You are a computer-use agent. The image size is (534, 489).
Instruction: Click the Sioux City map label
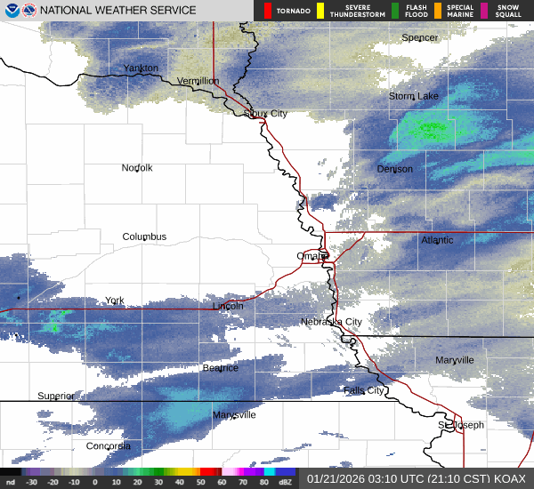pyautogui.click(x=266, y=114)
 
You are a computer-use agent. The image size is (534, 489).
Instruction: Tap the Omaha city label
pyautogui.click(x=312, y=256)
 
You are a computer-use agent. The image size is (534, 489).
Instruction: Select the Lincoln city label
pyautogui.click(x=228, y=306)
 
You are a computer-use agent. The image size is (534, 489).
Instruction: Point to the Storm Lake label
pyautogui.click(x=413, y=96)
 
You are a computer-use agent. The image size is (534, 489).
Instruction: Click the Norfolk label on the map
pyautogui.click(x=137, y=168)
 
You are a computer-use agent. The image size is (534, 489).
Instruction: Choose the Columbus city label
pyautogui.click(x=144, y=236)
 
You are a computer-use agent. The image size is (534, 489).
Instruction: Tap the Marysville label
pyautogui.click(x=234, y=415)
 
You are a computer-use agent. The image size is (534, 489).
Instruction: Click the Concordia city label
pyautogui.click(x=109, y=446)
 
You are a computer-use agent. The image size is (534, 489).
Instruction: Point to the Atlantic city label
pyautogui.click(x=437, y=240)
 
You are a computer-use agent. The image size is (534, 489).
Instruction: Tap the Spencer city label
pyautogui.click(x=420, y=38)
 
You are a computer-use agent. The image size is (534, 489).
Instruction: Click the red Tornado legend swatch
pyautogui.click(x=270, y=11)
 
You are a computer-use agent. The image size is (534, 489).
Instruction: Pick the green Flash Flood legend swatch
pyautogui.click(x=395, y=11)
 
